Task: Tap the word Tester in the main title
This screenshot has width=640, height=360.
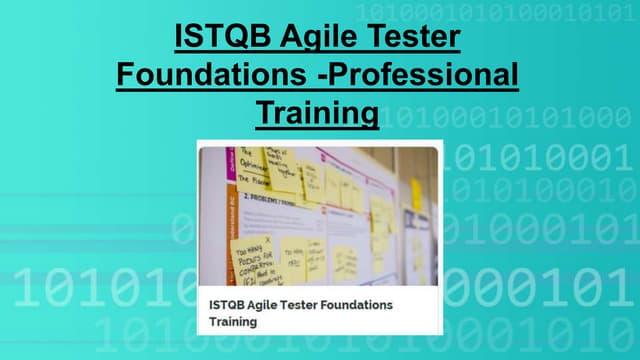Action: tap(410, 38)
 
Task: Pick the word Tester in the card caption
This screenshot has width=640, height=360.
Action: tap(293, 304)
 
